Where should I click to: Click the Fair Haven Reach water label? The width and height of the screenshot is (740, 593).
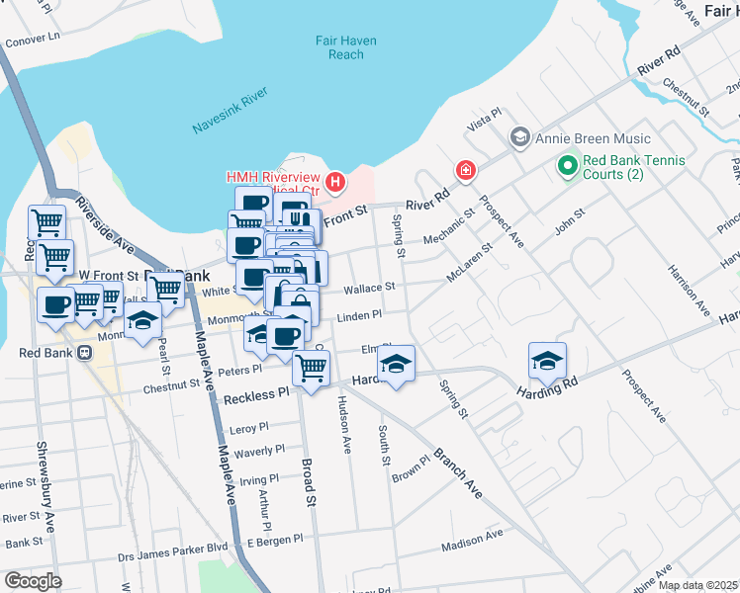click(339, 47)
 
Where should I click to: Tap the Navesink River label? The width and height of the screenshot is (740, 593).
click(229, 111)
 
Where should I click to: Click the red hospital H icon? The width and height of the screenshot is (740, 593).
click(335, 182)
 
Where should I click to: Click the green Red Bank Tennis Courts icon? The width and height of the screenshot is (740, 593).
click(567, 166)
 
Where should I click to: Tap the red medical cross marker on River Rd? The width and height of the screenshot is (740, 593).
click(464, 172)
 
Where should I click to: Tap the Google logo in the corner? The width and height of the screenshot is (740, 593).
click(33, 581)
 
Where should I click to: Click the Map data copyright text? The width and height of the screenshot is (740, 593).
click(697, 585)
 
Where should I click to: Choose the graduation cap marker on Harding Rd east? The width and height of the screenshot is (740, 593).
click(546, 361)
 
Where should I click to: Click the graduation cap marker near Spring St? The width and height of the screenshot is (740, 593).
click(396, 364)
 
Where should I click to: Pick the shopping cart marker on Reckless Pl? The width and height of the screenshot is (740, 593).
click(312, 369)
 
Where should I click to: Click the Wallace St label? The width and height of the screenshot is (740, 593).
click(370, 288)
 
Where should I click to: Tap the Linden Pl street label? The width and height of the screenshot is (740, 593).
click(359, 315)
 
